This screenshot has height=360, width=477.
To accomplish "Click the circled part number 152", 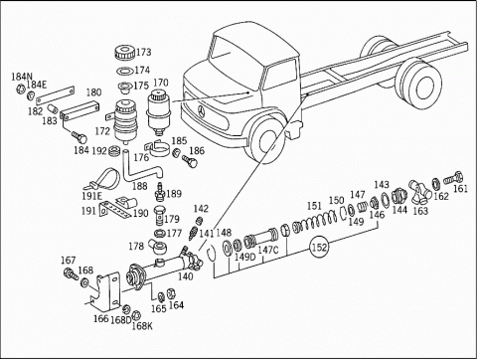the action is [319, 247].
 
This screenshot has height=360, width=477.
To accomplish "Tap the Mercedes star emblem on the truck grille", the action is [202, 111].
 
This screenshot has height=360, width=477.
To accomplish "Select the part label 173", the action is [143, 52].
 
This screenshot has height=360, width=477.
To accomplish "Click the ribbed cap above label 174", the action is [124, 54].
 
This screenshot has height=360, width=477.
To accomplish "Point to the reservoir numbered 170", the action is [158, 111].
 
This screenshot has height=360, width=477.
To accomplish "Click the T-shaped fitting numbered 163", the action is [419, 192].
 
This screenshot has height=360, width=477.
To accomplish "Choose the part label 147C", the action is [268, 250].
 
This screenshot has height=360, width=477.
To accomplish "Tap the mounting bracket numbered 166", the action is [105, 291].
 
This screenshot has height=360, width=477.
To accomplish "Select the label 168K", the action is [142, 326].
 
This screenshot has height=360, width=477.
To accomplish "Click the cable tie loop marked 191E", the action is [103, 180].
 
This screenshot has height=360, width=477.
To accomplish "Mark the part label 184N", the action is [20, 77].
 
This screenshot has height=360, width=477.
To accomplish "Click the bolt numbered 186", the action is [190, 161].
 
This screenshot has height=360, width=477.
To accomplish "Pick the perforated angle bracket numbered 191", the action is [113, 209].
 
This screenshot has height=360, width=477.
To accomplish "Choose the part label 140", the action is [185, 275].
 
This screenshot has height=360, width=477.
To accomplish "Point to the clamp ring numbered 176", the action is [158, 148].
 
